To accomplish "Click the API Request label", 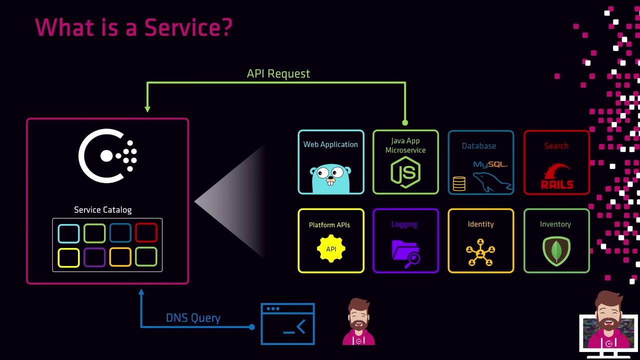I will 278,73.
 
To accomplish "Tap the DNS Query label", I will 193,318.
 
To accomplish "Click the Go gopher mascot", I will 330,177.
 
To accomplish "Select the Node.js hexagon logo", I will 405,171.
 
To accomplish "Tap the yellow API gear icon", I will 331,249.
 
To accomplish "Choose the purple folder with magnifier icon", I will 405,253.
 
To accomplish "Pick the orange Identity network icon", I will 480,252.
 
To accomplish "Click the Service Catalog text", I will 103,210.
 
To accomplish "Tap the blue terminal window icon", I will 287,324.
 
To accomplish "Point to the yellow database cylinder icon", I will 459,183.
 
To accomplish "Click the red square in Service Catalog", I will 146,233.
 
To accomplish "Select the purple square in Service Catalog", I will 94,257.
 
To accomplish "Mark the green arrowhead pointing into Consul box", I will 147,108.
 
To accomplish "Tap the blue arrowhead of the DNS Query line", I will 141,292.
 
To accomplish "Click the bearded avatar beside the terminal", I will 358,322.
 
